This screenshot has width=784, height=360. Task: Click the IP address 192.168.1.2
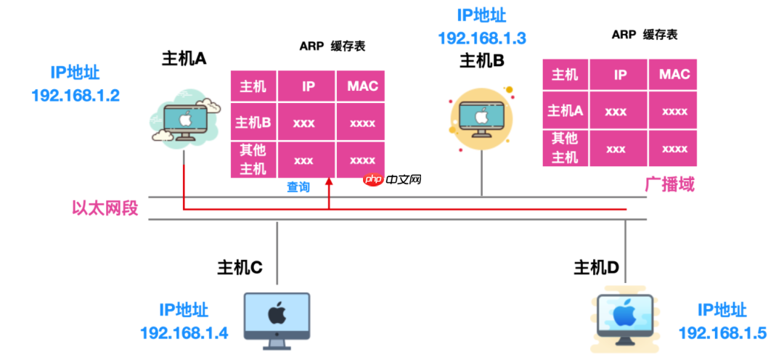(x=75, y=95)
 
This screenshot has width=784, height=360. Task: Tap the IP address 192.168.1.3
(x=482, y=38)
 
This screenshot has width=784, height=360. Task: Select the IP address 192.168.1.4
(x=184, y=333)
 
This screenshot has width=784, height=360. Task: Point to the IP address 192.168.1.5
(x=722, y=333)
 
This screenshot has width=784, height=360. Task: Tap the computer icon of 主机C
(x=276, y=317)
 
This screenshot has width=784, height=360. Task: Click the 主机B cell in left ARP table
(x=253, y=123)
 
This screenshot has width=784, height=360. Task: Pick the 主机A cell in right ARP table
(x=565, y=111)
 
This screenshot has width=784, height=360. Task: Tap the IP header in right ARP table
(x=621, y=74)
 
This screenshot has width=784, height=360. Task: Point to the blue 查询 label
(x=298, y=187)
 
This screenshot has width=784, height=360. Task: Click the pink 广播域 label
(x=669, y=184)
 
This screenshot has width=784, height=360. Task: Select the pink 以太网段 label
(x=105, y=209)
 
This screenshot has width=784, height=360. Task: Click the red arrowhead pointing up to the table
(x=329, y=184)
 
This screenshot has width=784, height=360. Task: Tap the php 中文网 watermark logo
(x=393, y=179)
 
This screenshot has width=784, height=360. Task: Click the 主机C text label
(x=240, y=267)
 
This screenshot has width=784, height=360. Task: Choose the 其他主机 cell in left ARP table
(x=253, y=160)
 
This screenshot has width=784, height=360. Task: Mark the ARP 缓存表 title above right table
(x=645, y=35)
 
